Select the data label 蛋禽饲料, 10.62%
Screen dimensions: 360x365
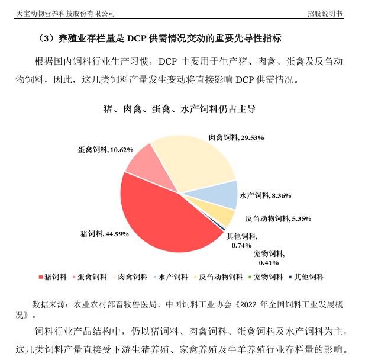click(105, 150)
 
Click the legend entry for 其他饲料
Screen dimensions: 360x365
click(306, 277)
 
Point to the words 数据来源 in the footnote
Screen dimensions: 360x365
click(47, 304)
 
